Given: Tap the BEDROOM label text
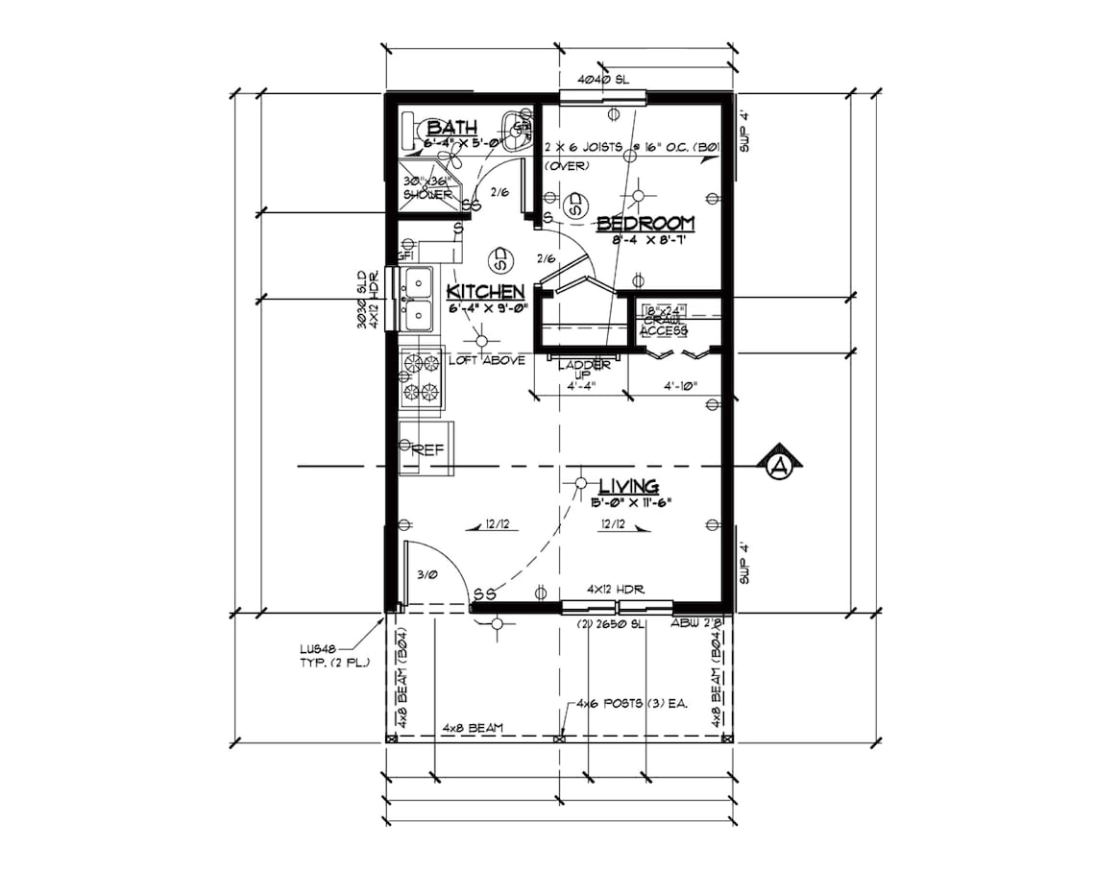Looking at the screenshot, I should click(645, 224).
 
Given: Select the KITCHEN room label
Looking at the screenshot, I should click(486, 291).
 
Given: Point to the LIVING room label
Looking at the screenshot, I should click(628, 486).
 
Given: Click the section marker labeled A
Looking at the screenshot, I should click(779, 467).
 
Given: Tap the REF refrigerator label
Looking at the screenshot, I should click(427, 448).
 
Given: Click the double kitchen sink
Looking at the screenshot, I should click(418, 298).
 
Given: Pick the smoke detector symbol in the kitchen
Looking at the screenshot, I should click(499, 258).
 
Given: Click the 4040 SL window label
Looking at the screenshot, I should click(603, 81).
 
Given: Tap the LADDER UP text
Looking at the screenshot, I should click(584, 369).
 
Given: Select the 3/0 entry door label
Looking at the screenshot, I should click(427, 574).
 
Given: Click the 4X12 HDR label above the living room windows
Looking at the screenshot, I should click(615, 588).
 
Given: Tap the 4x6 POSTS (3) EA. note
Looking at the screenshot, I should click(632, 704).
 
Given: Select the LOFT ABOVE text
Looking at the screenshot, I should click(487, 360).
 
